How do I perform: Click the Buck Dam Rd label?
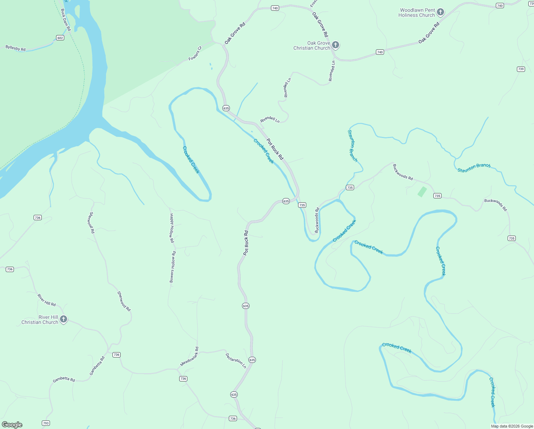(x=66, y=20)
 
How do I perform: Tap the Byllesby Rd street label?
(x=15, y=48)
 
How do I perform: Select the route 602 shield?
(x=60, y=38)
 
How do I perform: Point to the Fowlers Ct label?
(x=195, y=53)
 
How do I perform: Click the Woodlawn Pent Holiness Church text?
(x=417, y=13)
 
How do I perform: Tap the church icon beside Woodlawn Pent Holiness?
(x=440, y=12)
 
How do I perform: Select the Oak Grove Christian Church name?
(x=312, y=46)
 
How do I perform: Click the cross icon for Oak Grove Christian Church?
(x=335, y=45)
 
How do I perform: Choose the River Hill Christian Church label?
(x=40, y=320)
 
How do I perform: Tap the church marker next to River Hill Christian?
(x=64, y=319)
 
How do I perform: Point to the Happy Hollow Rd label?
(x=172, y=228)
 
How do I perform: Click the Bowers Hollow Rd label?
(x=173, y=267)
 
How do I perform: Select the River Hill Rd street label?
(x=47, y=300)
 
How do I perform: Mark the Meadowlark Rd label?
(x=190, y=356)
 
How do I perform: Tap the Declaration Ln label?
(x=236, y=360)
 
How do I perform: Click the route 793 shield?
(x=46, y=423)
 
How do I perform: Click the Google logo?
(x=12, y=425)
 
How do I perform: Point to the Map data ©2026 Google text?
(x=512, y=426)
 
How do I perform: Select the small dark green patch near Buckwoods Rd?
(x=422, y=192)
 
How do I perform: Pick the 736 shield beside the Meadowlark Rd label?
(x=183, y=379)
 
